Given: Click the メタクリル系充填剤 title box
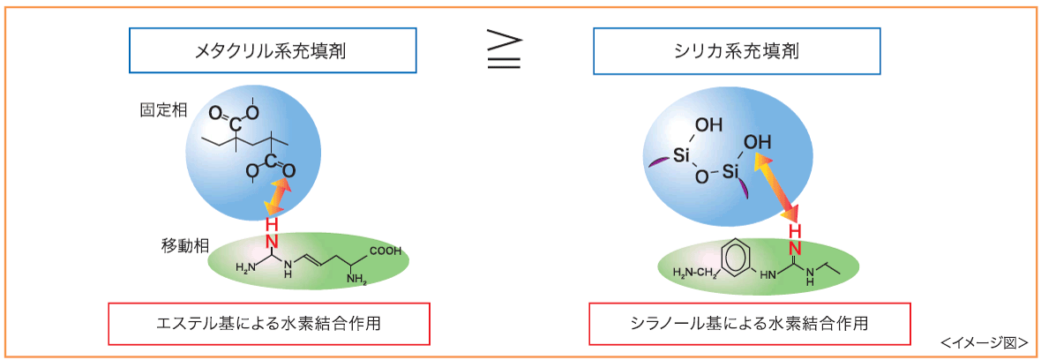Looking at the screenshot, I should [x=273, y=50].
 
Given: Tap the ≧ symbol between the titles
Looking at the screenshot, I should [x=504, y=51].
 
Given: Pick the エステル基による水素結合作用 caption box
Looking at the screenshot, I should [x=268, y=324].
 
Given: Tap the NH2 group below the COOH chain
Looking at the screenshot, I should [x=357, y=281].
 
